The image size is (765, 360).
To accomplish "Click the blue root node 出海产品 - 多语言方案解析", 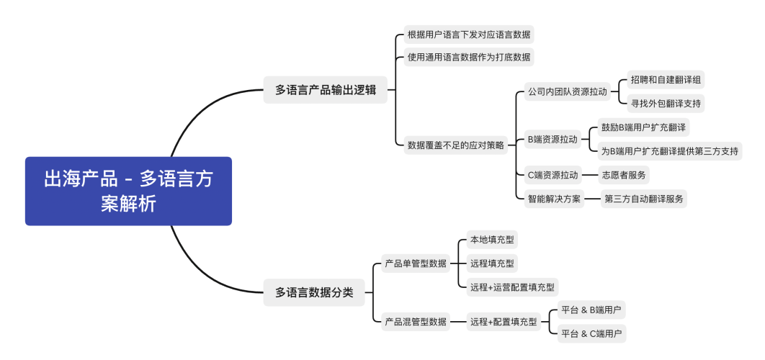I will pos(128,192).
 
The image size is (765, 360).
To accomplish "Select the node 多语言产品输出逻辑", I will pos(325,91).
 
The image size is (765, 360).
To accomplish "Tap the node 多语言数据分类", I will pos(313,292).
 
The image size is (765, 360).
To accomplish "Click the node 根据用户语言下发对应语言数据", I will pos(469,35).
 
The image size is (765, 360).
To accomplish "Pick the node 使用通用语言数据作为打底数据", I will pos(469,57).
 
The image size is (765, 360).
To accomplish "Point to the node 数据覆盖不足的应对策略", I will pos(456,145).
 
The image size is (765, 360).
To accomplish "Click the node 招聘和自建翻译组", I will pos(665,80).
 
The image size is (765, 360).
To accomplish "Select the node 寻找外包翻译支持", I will pos(665,104).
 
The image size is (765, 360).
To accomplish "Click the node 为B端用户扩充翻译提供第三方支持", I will pos(669,151).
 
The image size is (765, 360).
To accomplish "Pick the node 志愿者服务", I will pos(625,175).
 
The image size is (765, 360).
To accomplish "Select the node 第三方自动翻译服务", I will pos(644,199).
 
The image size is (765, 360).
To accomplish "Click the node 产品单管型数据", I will pos(416,264).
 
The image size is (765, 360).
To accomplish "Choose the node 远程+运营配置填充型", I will pos(511,287).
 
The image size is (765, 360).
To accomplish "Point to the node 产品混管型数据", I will pos(416,322).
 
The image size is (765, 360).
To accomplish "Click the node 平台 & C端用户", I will pos(592,334).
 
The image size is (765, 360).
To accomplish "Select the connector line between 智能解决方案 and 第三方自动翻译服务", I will pos(593,199).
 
